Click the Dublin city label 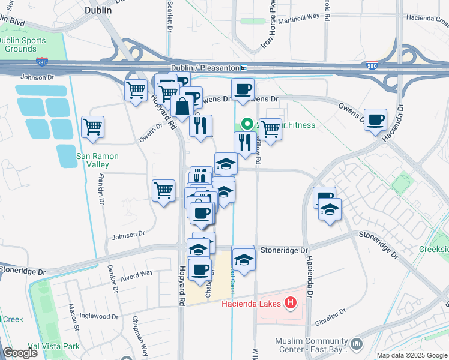(98, 10)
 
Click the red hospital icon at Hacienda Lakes (291, 302)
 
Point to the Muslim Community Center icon (358, 343)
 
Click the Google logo (19, 353)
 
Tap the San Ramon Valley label (97, 161)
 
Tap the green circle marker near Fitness (247, 124)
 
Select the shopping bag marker (181, 107)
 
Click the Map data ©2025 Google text (412, 355)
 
